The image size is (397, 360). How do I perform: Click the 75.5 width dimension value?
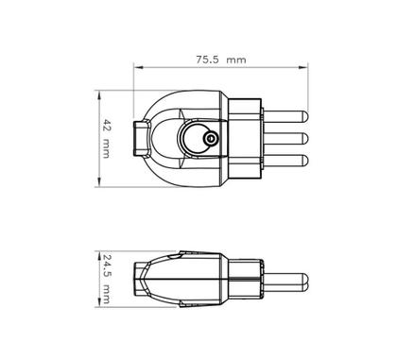[207, 59]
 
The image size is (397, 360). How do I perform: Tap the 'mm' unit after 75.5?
[236, 59]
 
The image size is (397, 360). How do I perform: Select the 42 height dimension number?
[107, 127]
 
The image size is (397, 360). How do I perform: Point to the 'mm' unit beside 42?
[107, 148]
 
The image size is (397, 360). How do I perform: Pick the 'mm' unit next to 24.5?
[107, 294]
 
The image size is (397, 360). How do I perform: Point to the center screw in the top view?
[210, 140]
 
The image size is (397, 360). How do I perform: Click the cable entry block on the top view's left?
[144, 139]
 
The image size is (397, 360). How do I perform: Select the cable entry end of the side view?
[144, 279]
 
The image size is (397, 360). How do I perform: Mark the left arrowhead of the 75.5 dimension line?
[136, 68]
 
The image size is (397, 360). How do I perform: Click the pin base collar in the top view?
[244, 139]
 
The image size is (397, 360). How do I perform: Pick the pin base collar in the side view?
[244, 279]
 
